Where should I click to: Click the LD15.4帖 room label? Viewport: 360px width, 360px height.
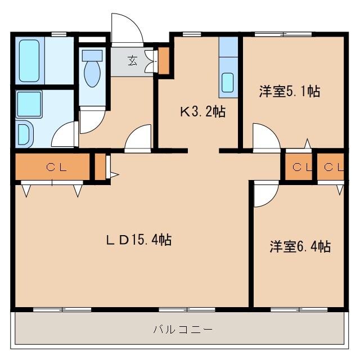click(138, 240)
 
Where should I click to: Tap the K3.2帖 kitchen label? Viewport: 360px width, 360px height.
click(202, 112)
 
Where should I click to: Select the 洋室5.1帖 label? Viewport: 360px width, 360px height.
click(290, 92)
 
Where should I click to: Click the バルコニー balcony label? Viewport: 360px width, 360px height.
click(183, 329)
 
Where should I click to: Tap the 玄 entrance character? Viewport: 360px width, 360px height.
click(132, 61)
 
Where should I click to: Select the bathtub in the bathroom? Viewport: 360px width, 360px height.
click(29, 60)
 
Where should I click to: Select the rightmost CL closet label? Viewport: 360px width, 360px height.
click(331, 166)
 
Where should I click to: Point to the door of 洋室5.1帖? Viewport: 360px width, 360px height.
click(264, 137)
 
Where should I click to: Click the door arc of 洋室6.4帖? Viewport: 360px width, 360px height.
click(265, 194)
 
